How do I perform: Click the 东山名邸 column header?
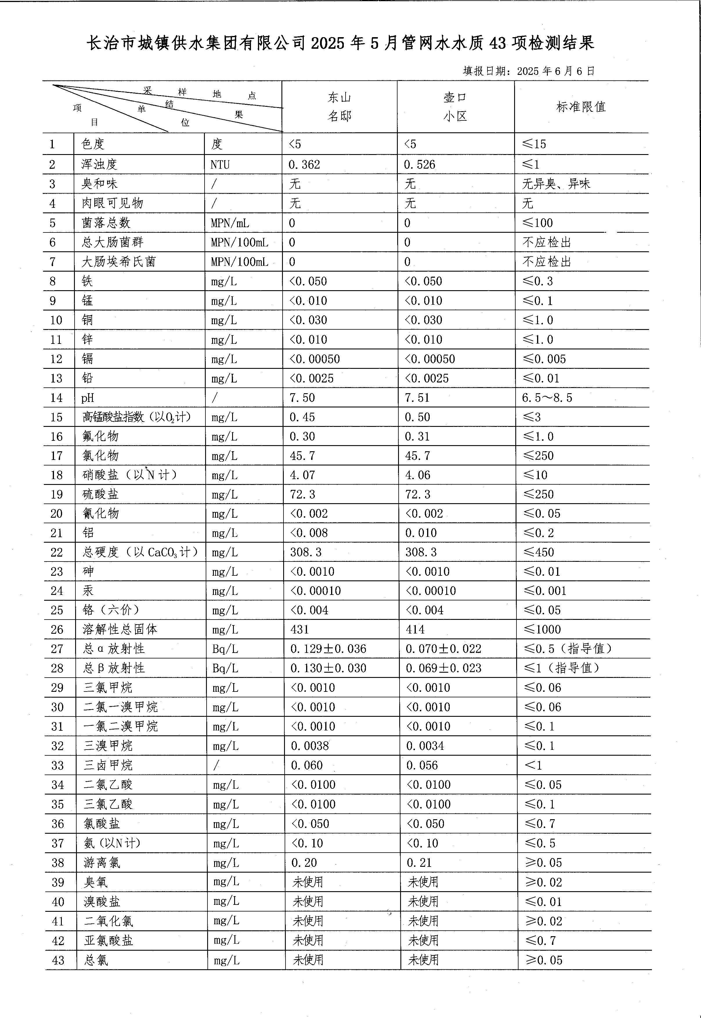pyautogui.click(x=339, y=107)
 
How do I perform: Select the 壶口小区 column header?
pyautogui.click(x=455, y=107)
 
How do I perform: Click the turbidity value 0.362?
pyautogui.click(x=304, y=165)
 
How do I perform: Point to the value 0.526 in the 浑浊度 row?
pyautogui.click(x=420, y=165)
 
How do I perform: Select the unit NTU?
pyautogui.click(x=220, y=165)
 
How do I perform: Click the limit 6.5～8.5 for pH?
pyautogui.click(x=547, y=398)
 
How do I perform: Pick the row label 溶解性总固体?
pyautogui.click(x=120, y=629)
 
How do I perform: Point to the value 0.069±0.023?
pyautogui.click(x=444, y=668)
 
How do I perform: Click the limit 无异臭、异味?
pyautogui.click(x=556, y=184)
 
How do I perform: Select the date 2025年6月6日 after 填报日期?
pyautogui.click(x=556, y=71)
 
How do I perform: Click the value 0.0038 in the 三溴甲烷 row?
pyautogui.click(x=310, y=746)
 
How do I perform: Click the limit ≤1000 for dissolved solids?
pyautogui.click(x=543, y=629)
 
